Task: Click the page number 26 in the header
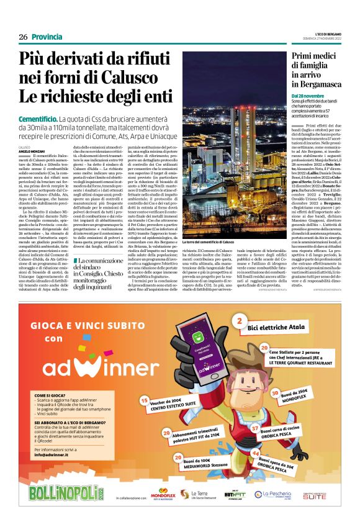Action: (x=23, y=37)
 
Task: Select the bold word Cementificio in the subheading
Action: (x=38, y=118)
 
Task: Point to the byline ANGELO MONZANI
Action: (x=32, y=151)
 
